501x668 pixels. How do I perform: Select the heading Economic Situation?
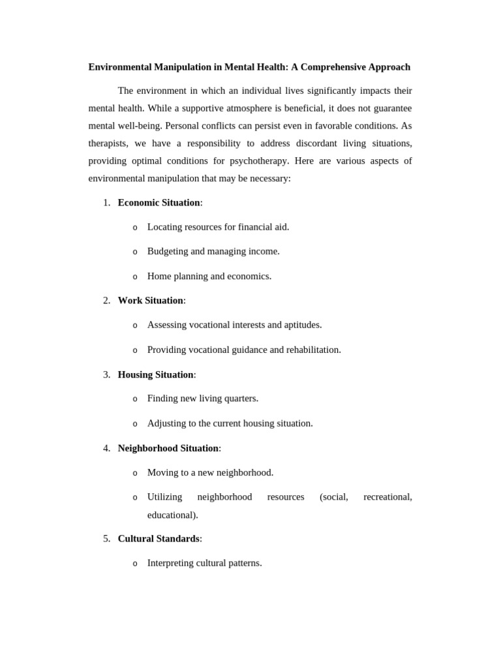(159, 203)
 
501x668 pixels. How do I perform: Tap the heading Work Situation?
(150, 301)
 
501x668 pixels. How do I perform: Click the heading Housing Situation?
(155, 374)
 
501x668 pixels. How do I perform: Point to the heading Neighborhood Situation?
(168, 448)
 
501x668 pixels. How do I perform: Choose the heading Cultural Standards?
(159, 539)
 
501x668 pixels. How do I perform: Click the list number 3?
(106, 374)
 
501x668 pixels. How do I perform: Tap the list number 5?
(106, 539)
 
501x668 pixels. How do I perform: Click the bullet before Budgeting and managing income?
(135, 252)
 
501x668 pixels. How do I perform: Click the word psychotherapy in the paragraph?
(259, 160)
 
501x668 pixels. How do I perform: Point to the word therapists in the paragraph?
(108, 143)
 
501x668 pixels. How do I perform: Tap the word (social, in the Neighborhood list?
(333, 497)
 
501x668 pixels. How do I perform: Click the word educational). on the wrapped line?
(172, 515)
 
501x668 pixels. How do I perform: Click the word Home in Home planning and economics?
(159, 276)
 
